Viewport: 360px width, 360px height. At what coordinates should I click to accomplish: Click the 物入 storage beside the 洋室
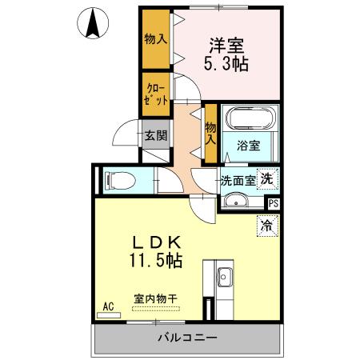[155, 38]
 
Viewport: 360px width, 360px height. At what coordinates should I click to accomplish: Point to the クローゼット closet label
[155, 94]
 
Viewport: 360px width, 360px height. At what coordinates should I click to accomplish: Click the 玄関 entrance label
[155, 135]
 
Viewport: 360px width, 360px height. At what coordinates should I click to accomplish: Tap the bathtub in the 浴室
[249, 119]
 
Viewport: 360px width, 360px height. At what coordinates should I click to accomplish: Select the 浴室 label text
[248, 146]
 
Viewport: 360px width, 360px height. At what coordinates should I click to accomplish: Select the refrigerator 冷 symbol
[265, 226]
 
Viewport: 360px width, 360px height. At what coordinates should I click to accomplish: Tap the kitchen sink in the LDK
[224, 278]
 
